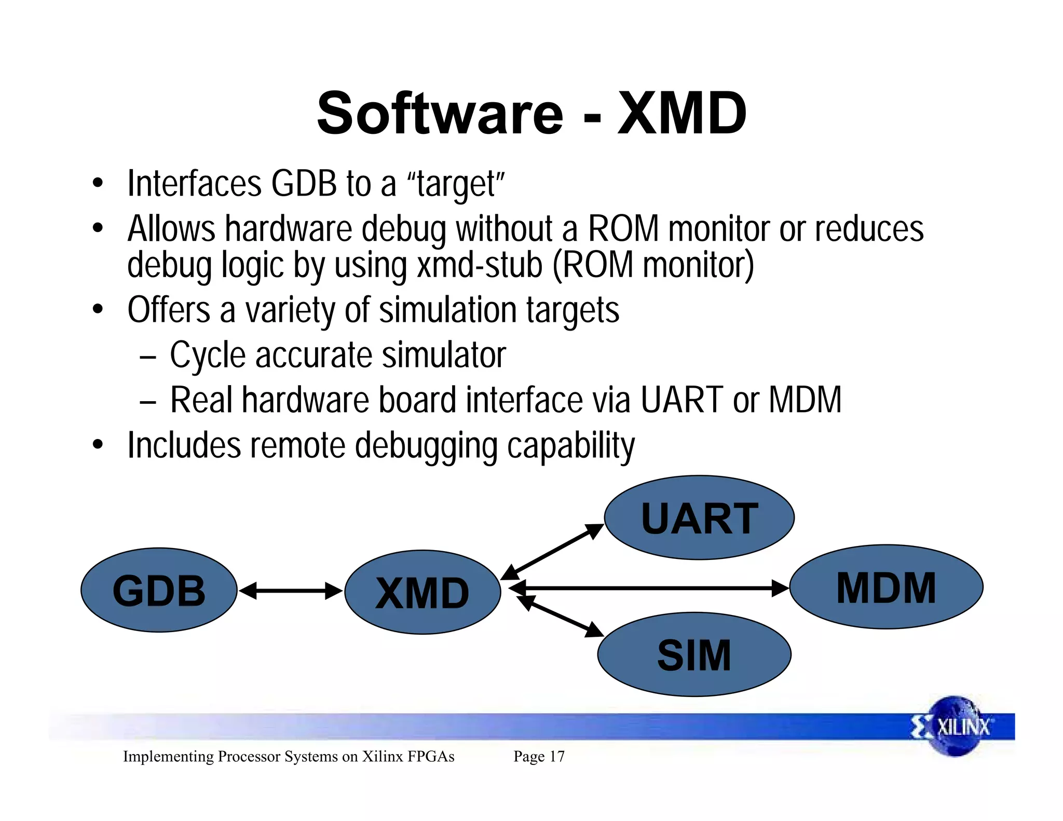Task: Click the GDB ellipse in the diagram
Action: [159, 590]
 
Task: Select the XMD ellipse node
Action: [423, 592]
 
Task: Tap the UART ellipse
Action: [699, 517]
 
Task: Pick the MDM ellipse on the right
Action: [886, 587]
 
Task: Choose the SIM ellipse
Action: [694, 654]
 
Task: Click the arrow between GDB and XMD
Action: [291, 591]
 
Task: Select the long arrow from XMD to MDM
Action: [649, 589]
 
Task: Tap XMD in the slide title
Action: [682, 113]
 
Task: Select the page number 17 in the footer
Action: [557, 757]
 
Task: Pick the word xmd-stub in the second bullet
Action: [480, 265]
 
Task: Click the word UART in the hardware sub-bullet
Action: [682, 400]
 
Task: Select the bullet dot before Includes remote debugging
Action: [98, 445]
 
